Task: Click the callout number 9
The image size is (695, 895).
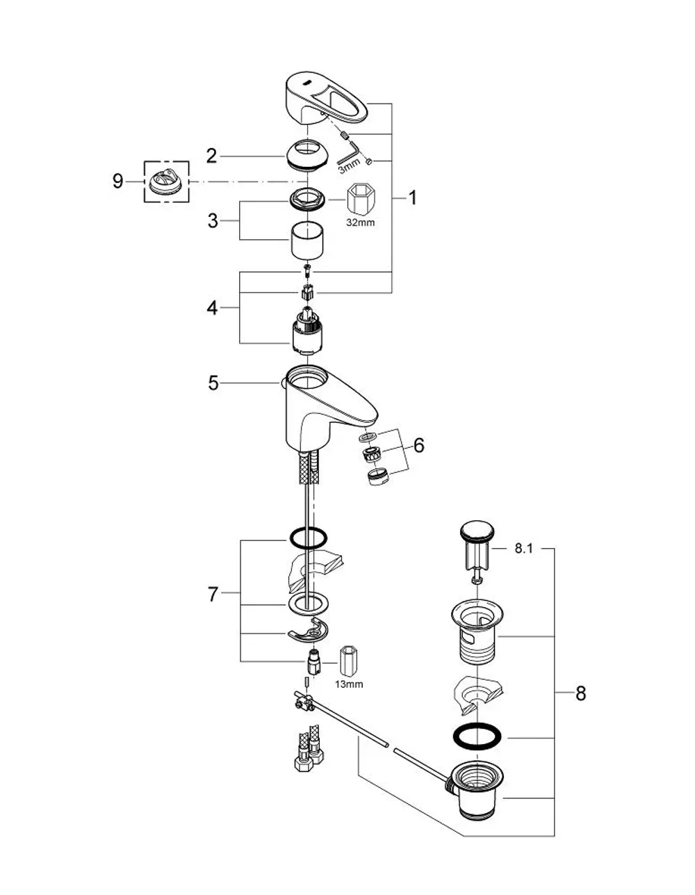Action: pyautogui.click(x=117, y=182)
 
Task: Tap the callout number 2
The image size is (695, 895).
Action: pyautogui.click(x=211, y=156)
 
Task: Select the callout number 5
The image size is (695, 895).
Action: pyautogui.click(x=213, y=383)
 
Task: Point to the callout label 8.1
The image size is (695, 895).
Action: pyautogui.click(x=523, y=549)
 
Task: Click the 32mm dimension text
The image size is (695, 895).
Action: pyautogui.click(x=361, y=223)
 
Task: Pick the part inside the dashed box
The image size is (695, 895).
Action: pyautogui.click(x=166, y=182)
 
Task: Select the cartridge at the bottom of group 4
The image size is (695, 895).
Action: pyautogui.click(x=307, y=332)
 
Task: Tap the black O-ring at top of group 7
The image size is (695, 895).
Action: pyautogui.click(x=308, y=538)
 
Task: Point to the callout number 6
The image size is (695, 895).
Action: pyautogui.click(x=418, y=445)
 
